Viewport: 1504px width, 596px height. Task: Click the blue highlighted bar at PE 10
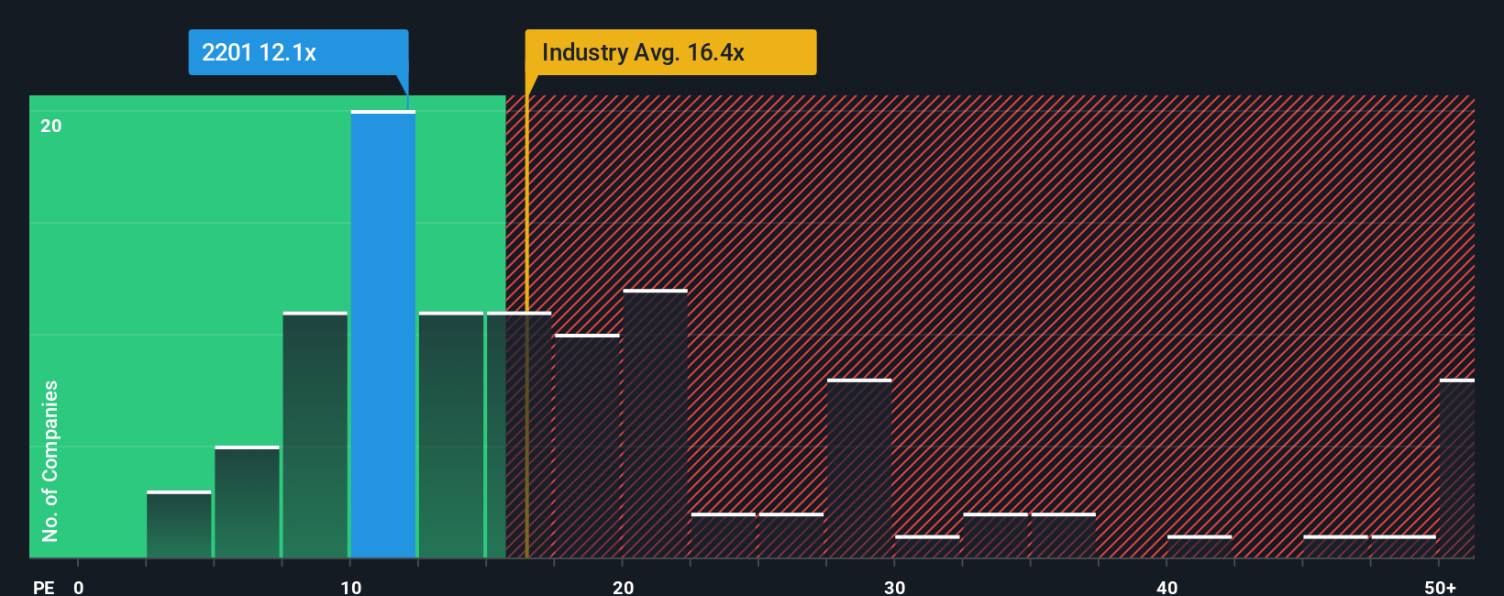pos(383,335)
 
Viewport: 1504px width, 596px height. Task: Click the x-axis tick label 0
pos(79,587)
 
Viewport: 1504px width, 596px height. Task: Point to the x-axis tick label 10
pos(350,587)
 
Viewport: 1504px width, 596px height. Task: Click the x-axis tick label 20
pos(623,587)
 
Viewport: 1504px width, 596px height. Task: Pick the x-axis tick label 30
pos(895,587)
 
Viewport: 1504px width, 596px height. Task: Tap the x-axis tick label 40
pos(1167,587)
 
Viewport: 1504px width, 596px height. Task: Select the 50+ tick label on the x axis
pos(1440,587)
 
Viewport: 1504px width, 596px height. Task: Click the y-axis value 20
pos(51,127)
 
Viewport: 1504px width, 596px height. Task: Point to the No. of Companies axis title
pos(50,460)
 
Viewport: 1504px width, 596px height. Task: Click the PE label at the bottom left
pos(44,587)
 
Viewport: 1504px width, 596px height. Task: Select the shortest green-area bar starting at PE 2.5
pos(179,524)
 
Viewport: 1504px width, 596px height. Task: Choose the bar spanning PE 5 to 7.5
pos(247,502)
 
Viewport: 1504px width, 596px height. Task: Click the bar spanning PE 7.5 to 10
pos(315,436)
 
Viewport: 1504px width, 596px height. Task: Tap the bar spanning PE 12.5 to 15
pos(451,436)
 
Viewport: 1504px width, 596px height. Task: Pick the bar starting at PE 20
pos(655,424)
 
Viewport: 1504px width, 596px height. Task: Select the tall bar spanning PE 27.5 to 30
pos(859,469)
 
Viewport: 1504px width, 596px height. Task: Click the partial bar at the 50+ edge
pos(1456,469)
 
